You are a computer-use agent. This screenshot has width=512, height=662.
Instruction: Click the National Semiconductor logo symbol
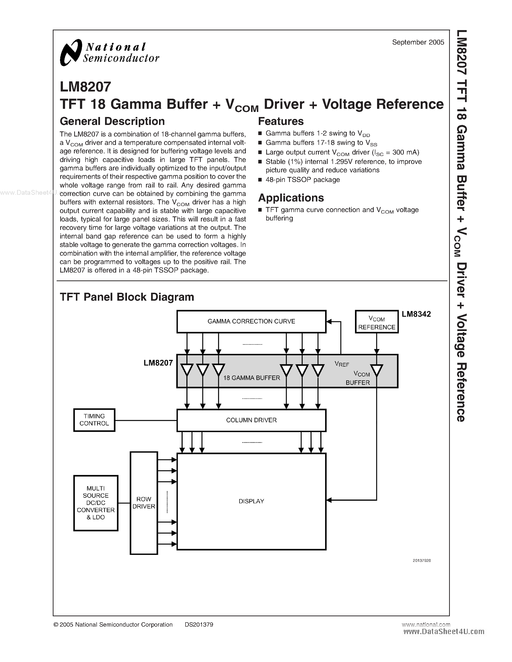pos(71,52)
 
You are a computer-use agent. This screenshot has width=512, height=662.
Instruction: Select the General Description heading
pos(112,122)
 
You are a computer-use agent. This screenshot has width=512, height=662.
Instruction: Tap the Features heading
pos(280,122)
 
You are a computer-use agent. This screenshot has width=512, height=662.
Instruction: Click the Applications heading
pos(291,198)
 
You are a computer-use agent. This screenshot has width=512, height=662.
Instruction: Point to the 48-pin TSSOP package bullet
pos(302,180)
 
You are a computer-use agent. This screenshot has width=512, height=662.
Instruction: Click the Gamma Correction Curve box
pos(251,322)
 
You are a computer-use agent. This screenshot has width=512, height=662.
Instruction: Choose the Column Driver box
pos(251,420)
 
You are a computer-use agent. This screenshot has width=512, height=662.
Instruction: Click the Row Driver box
pos(144,503)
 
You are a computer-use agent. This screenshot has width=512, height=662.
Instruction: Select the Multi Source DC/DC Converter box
pos(96,503)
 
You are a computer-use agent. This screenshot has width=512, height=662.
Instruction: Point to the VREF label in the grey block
pos(342,364)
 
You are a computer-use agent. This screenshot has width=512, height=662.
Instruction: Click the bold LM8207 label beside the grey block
pos(158,363)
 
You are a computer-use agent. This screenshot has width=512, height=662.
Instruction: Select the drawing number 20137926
pos(422,560)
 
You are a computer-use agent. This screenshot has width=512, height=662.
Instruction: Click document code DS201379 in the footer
pos(199,625)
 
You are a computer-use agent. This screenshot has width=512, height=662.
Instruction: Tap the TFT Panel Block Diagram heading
pos(127,297)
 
